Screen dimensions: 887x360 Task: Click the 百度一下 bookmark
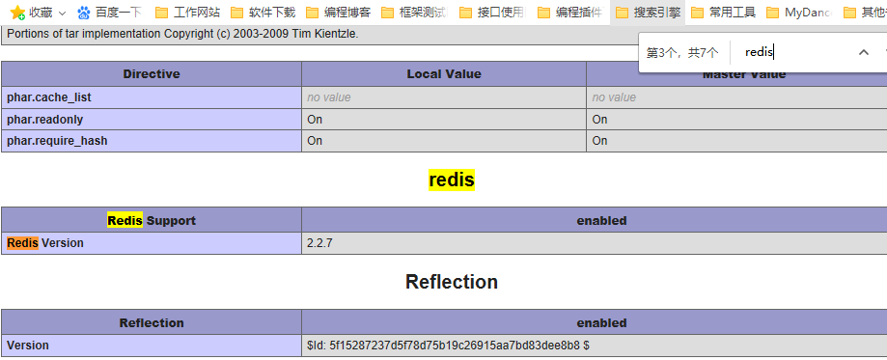pyautogui.click(x=109, y=13)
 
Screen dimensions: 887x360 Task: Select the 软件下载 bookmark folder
pyautogui.click(x=262, y=13)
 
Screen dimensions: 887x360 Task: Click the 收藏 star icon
pyautogui.click(x=17, y=13)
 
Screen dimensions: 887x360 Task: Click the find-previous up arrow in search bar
pyautogui.click(x=864, y=52)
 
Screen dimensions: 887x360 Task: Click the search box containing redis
pyautogui.click(x=791, y=52)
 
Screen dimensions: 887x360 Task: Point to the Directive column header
pyautogui.click(x=152, y=74)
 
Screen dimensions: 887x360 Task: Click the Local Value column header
pyautogui.click(x=444, y=74)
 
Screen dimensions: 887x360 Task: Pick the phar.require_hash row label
pyautogui.click(x=57, y=140)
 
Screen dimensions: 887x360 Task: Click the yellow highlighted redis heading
pyautogui.click(x=452, y=180)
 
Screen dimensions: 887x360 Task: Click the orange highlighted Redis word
pyautogui.click(x=22, y=243)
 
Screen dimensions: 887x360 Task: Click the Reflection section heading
pyautogui.click(x=452, y=282)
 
